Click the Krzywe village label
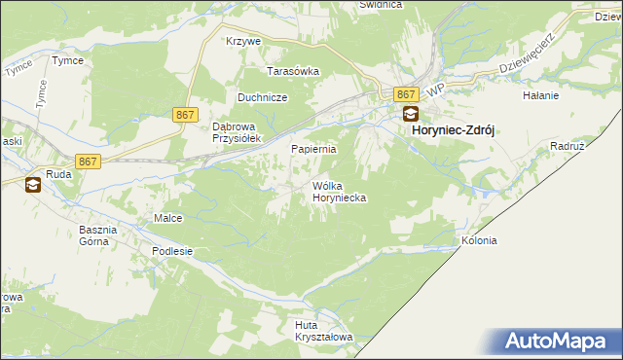click(x=243, y=42)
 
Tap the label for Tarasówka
click(x=294, y=71)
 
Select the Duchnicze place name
click(x=261, y=97)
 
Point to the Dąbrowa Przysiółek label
click(x=233, y=132)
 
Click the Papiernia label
click(x=314, y=150)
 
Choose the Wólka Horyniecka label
click(x=339, y=191)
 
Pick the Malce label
click(x=167, y=218)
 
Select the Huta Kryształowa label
click(x=322, y=331)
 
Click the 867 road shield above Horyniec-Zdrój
click(x=408, y=93)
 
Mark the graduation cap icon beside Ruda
click(x=32, y=184)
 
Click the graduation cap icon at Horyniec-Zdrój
click(x=411, y=114)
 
